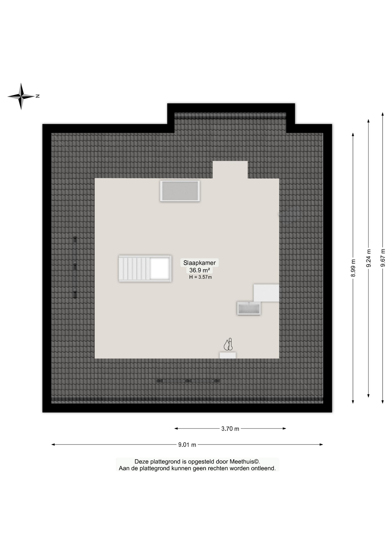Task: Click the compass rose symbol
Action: click(21, 96)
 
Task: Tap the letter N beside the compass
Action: click(38, 96)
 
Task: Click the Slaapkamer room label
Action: click(199, 263)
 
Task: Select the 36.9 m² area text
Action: click(199, 270)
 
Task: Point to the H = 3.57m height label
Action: click(200, 277)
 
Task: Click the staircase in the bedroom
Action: click(145, 269)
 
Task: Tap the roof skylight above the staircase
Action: click(180, 191)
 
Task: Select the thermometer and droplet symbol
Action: click(228, 345)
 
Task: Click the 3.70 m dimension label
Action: click(230, 429)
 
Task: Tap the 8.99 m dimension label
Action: click(353, 268)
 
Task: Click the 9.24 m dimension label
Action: click(369, 258)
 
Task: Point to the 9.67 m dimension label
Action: click(383, 258)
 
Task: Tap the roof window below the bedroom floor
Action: click(188, 381)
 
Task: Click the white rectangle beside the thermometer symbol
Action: click(228, 355)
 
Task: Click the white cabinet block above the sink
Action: click(266, 293)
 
